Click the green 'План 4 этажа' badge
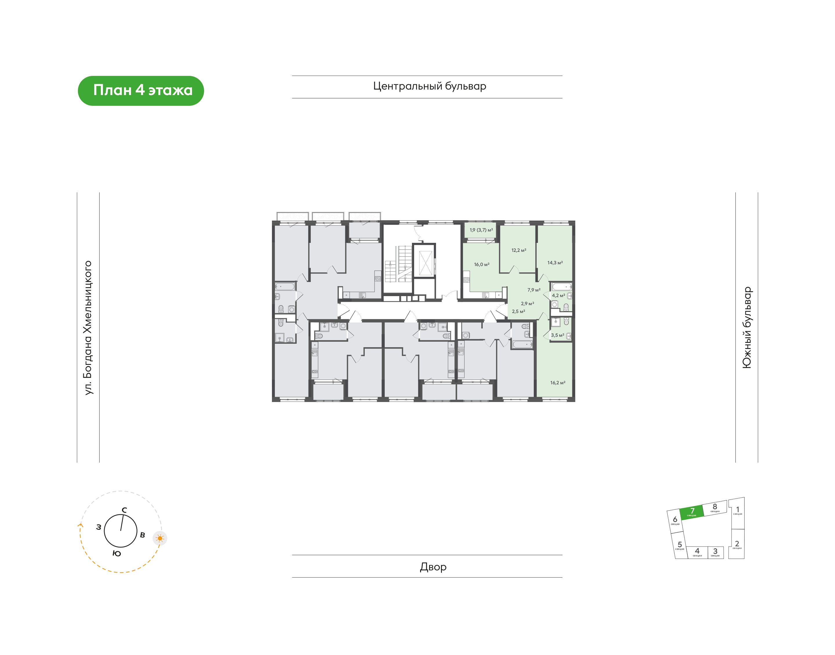point(141,90)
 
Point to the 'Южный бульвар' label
point(747,327)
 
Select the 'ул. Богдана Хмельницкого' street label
point(88,327)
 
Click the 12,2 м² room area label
point(519,250)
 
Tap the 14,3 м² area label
point(555,263)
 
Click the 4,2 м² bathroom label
point(558,295)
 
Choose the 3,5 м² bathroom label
point(557,335)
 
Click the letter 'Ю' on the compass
point(117,553)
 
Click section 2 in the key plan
point(736,544)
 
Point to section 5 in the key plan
point(679,545)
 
